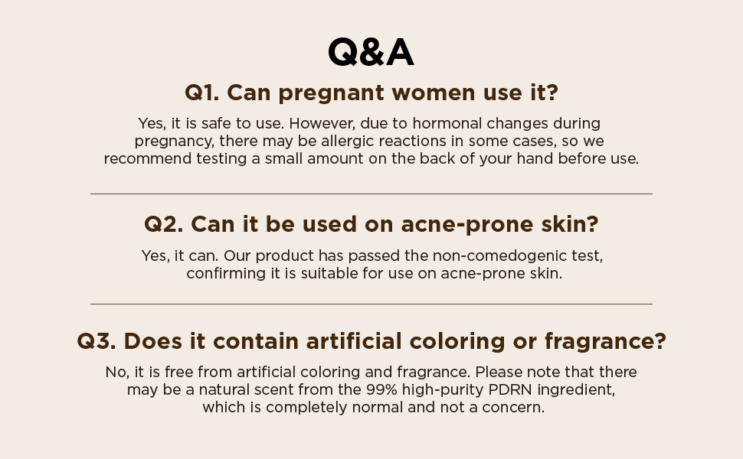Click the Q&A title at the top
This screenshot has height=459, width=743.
371,53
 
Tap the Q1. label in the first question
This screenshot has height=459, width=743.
201,93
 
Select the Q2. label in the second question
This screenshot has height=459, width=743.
163,224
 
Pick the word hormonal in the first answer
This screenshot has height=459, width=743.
427,123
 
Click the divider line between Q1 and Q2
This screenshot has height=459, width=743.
371,194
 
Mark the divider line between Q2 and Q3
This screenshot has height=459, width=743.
371,304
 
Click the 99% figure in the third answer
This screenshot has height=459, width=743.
381,389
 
